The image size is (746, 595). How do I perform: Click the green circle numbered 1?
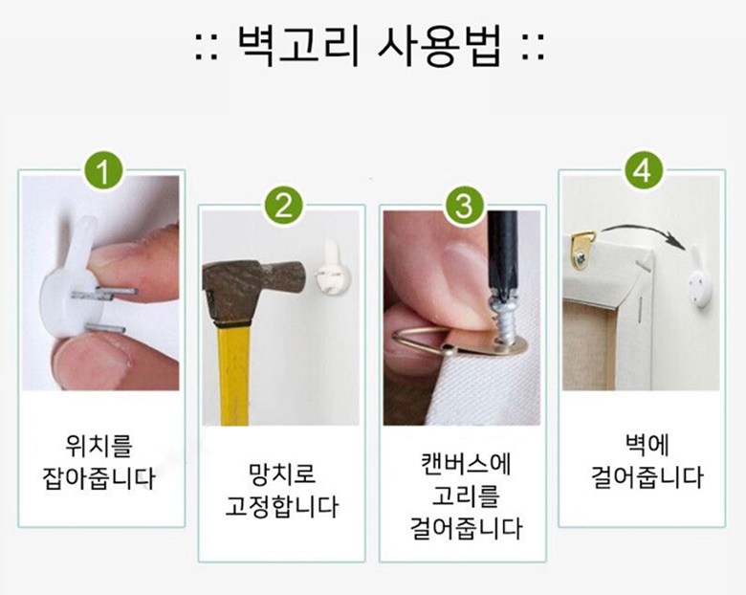click(103, 170)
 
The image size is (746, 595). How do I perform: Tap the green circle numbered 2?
click(284, 206)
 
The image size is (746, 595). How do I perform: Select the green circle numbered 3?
click(465, 206)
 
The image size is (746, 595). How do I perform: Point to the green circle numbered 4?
click(644, 170)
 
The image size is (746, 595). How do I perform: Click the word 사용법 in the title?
click(439, 46)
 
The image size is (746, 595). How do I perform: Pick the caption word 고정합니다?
click(281, 505)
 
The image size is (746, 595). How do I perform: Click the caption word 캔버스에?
click(466, 463)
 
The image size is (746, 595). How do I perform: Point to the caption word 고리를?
click(465, 496)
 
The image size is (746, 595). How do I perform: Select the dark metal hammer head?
click(248, 287)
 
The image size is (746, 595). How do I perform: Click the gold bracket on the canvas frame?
click(581, 249)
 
